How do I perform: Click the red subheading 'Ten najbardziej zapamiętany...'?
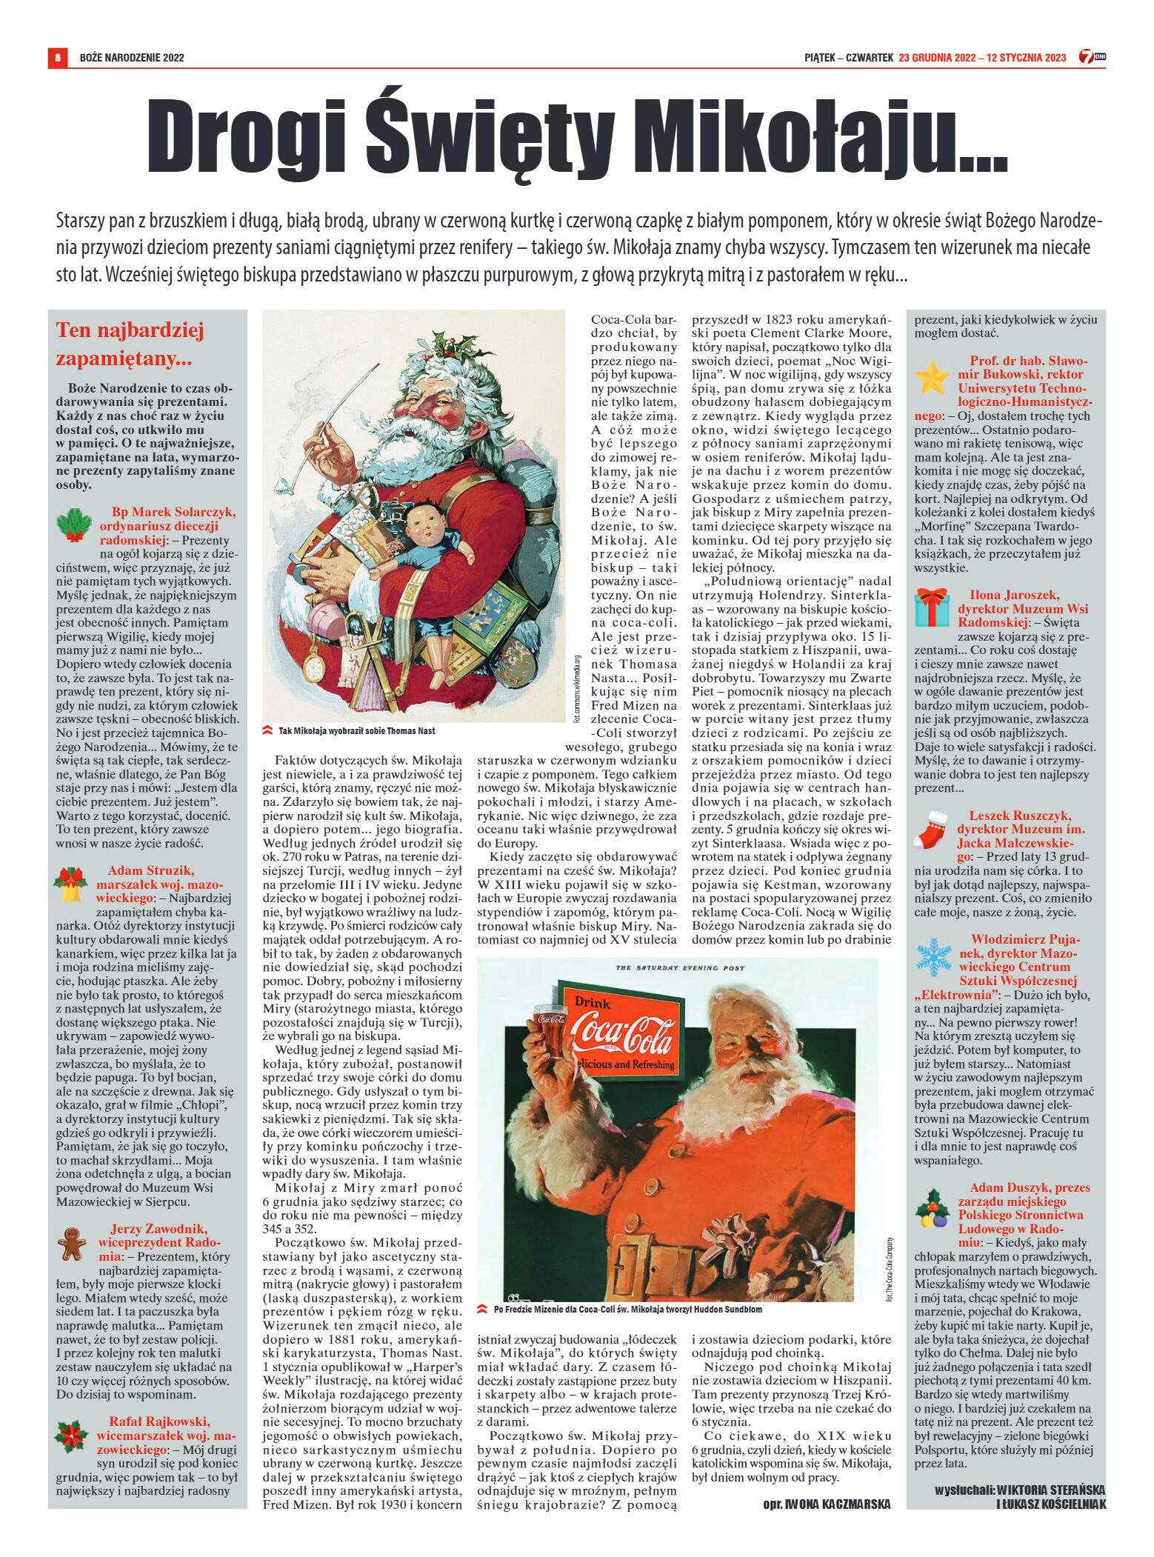pos(130,344)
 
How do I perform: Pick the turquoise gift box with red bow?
pos(932,607)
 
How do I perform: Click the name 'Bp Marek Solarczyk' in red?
pos(173,512)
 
